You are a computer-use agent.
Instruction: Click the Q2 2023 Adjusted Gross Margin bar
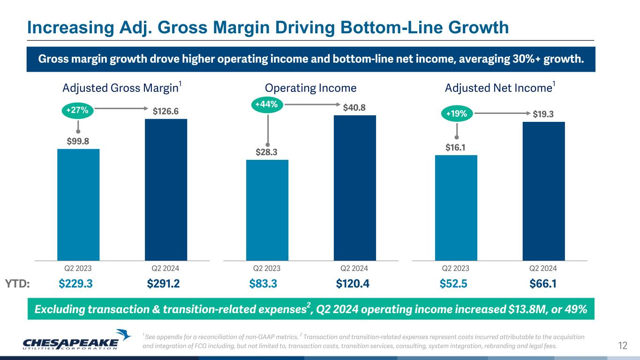[x=78, y=204]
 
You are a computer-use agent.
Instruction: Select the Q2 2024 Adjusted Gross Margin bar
[x=166, y=189]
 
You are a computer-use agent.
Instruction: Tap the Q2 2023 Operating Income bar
[x=267, y=210]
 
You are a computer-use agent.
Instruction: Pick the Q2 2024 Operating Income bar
[x=355, y=187]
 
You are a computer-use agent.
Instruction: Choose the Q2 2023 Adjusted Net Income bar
[x=456, y=208]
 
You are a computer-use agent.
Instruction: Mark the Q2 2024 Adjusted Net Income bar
[x=544, y=191]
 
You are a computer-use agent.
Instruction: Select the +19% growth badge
[x=456, y=113]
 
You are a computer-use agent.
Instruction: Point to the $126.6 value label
[x=166, y=111]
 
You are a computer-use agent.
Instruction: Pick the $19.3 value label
[x=544, y=113]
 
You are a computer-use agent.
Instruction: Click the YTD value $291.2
[x=164, y=284]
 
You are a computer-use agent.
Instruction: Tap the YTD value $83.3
[x=263, y=284]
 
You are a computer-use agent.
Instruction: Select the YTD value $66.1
[x=543, y=284]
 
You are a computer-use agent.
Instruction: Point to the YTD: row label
[x=17, y=284]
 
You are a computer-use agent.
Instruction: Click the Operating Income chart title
[x=311, y=88]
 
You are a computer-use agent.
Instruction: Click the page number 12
[x=623, y=346]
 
